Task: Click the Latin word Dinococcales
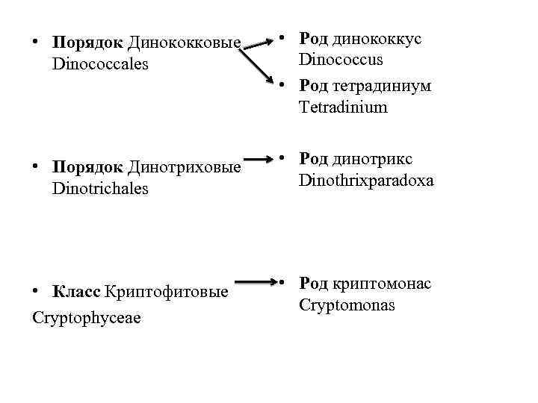tap(101, 64)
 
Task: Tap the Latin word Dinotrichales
tap(101, 189)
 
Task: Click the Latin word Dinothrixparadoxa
tap(366, 181)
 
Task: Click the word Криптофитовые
tap(166, 290)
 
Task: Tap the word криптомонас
tap(383, 284)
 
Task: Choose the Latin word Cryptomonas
tap(347, 305)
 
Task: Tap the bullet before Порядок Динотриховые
tap(36, 167)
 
